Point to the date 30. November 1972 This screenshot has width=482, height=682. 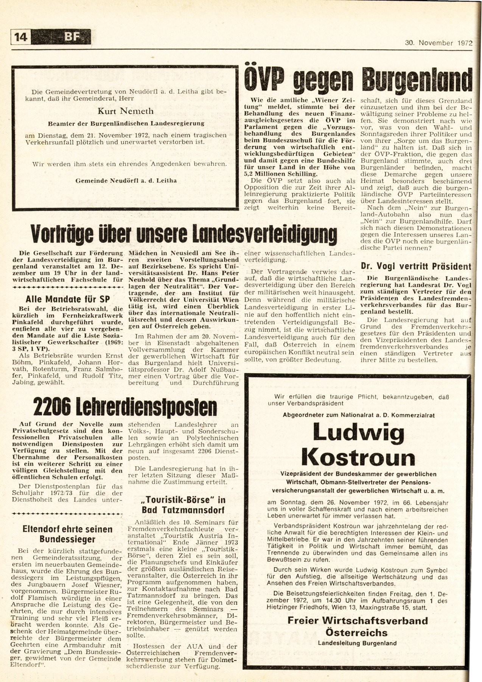click(x=438, y=43)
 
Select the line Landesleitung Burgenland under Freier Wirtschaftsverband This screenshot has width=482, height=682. click(x=357, y=643)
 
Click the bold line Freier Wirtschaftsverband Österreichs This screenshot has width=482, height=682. click(x=357, y=626)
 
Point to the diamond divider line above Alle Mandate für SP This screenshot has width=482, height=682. click(x=68, y=288)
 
